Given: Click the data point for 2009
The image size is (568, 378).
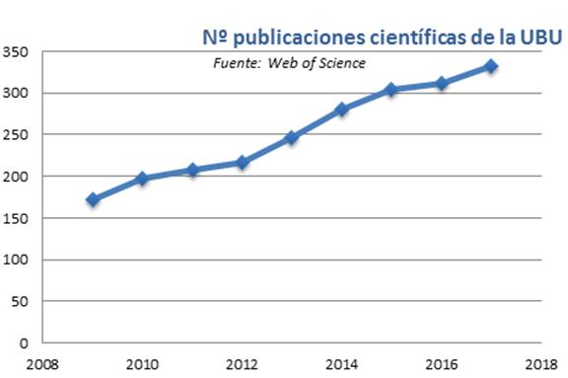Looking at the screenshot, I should tap(93, 199).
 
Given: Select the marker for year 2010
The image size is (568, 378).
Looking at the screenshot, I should tap(142, 179).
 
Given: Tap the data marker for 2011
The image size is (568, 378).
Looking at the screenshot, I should tap(192, 170).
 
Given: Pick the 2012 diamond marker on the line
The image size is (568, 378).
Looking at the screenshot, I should tap(242, 162).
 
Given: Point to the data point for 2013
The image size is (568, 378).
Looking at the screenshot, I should tap(292, 138).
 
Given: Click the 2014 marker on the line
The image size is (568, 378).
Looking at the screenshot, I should tap(341, 110).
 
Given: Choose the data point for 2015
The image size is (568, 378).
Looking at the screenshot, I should tap(391, 90).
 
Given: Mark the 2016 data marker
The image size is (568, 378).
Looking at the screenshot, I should tap(441, 84).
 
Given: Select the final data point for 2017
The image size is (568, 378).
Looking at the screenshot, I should tap(491, 66).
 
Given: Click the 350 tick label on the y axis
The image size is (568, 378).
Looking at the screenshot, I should tap(16, 51).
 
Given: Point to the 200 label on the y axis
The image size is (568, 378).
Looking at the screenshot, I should tap(16, 177).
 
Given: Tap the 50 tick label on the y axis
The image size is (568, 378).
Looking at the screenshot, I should tap(20, 301).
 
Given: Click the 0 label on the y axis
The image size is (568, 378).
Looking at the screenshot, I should tap(24, 343).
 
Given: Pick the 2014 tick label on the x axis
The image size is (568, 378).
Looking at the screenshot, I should tap(341, 362).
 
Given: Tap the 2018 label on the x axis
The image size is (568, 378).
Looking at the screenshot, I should tap(539, 362).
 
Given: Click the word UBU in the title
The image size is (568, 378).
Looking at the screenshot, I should tap(540, 38).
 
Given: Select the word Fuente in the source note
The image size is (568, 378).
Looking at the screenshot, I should tap(234, 63).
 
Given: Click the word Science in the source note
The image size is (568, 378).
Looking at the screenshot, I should tap(342, 63).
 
